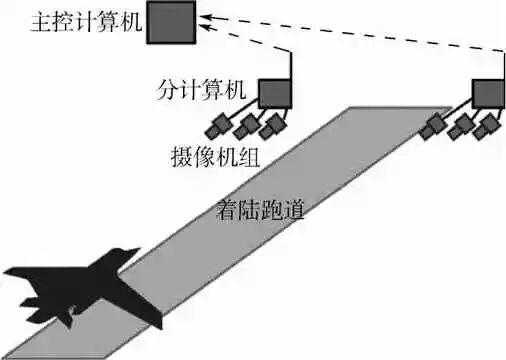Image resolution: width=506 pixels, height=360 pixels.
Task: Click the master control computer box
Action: click(169, 23)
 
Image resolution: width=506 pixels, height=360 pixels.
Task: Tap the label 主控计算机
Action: click(71, 22)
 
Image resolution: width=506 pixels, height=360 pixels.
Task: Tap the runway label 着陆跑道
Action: click(257, 210)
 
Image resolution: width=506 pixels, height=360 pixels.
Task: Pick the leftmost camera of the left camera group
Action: click(219, 125)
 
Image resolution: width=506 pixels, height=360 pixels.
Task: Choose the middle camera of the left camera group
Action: click(246, 126)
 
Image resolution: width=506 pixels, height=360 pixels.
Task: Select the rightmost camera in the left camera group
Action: click(272, 127)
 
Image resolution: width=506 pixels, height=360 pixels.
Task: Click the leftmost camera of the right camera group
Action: click(434, 127)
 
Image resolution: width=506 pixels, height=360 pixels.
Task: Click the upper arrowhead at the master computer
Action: click(203, 16)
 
